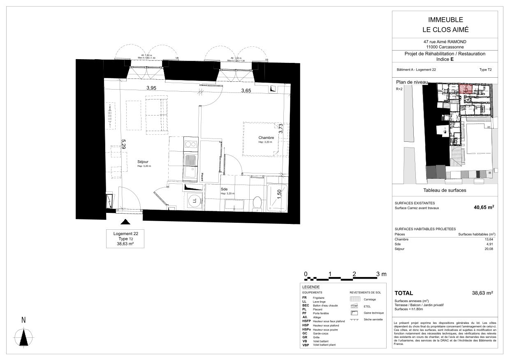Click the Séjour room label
point(143,162)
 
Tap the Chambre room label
point(266,137)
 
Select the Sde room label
point(224,189)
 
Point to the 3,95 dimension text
point(152,88)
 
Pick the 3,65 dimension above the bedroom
point(246,90)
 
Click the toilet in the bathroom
point(257,203)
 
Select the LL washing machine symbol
point(193,201)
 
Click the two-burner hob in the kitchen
point(190,144)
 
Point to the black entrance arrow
point(125,222)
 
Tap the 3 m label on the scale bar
point(381,274)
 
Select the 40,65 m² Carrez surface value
point(483,208)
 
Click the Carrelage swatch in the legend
point(355,299)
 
